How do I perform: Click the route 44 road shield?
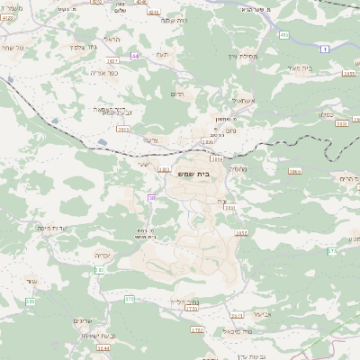pyautogui.click(x=136, y=55)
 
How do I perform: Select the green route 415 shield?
pyautogui.click(x=284, y=35)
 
